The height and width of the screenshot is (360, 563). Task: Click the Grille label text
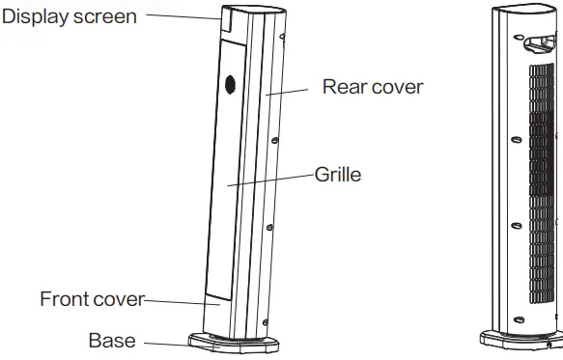coord(337,176)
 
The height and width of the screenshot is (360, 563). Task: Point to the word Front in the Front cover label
coord(63,298)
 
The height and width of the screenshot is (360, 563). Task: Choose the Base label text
coord(111,340)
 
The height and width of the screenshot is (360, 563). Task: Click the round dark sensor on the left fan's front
coord(231,85)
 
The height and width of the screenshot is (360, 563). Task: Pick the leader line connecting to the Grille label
coord(270,180)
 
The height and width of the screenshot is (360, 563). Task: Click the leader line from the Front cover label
coord(179,302)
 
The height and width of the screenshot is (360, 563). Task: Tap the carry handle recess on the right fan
coord(538,44)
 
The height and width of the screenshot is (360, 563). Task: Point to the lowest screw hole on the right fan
coord(518,318)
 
